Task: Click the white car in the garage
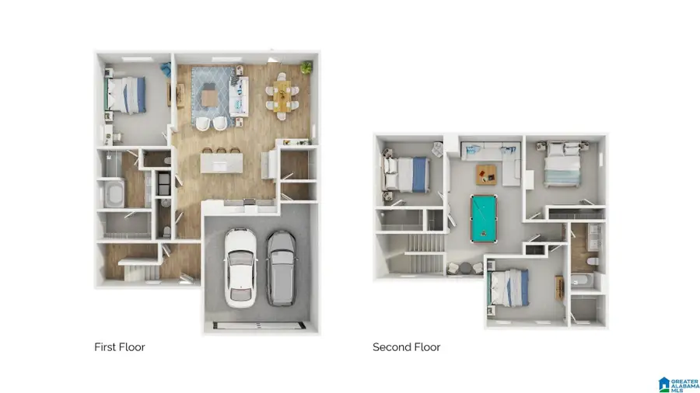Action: (240, 268)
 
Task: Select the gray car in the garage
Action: (282, 268)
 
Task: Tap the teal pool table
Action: (484, 219)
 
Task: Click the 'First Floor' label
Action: (120, 347)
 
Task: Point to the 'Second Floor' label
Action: (406, 347)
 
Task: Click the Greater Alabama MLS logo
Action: (678, 384)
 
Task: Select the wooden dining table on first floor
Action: (282, 96)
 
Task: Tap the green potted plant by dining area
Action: (306, 68)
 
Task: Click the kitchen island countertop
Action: (222, 163)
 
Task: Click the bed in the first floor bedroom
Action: (126, 95)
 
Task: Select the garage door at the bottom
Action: (259, 325)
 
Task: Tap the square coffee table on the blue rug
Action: (209, 99)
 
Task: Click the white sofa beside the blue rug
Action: (239, 96)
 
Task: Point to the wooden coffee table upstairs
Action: (485, 175)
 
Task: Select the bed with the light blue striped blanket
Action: (562, 165)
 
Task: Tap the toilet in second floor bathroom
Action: (593, 261)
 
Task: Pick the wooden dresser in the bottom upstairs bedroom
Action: (559, 288)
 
